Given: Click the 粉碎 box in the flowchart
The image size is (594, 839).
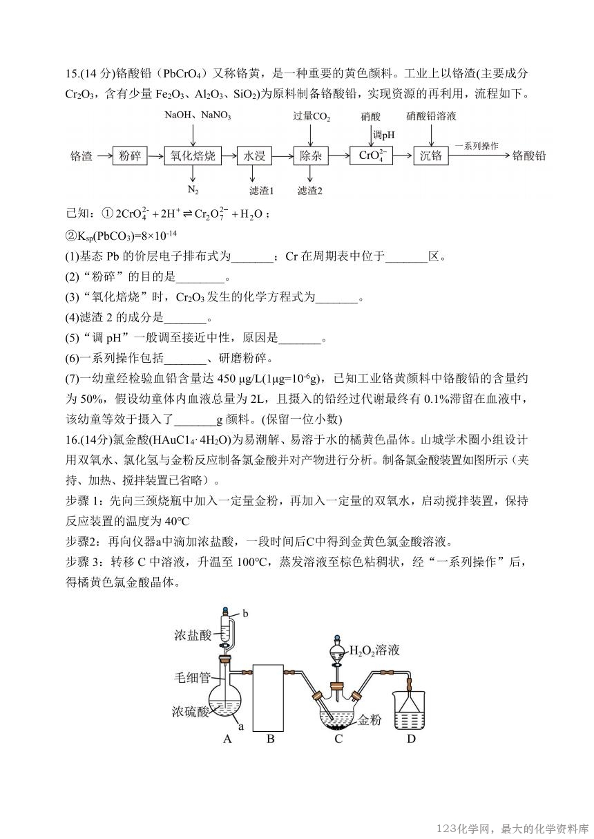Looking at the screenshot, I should [131, 156].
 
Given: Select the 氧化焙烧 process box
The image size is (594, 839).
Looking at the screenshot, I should [193, 156].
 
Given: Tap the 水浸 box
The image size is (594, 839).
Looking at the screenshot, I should [255, 156].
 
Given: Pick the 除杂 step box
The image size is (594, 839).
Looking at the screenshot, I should [311, 156].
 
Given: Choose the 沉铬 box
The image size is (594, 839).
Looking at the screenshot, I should [431, 156].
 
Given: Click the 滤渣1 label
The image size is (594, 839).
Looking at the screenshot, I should [261, 190].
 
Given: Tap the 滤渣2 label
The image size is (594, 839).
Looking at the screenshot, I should [310, 190].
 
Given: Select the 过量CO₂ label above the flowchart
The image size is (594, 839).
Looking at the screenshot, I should [312, 117].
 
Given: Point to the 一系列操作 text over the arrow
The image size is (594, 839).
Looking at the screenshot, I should [477, 147].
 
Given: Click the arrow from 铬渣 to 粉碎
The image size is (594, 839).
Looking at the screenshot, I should [102, 156].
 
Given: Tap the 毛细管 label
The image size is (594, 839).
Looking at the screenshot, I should [194, 678].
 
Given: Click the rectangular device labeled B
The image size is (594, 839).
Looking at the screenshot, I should [269, 697].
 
